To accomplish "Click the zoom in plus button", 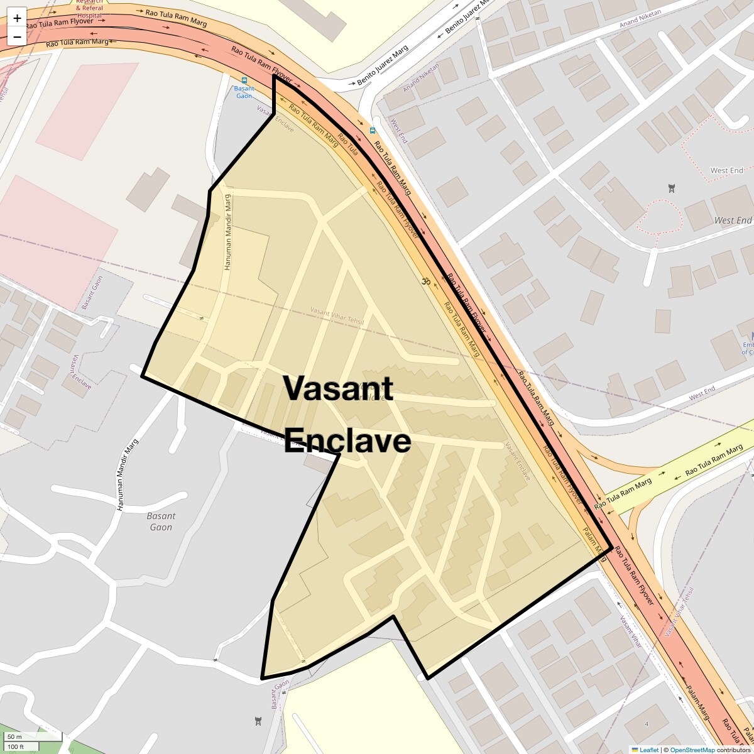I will [17, 18].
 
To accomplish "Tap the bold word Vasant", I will [338, 388].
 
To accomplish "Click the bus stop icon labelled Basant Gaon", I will [244, 80].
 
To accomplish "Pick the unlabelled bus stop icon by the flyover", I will [373, 131].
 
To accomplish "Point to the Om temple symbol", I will [425, 281].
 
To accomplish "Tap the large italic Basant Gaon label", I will [161, 522].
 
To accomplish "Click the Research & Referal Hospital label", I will [89, 8].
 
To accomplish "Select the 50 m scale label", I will [15, 736].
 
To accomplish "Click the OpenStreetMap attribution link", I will [692, 750].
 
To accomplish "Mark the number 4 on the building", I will [646, 724].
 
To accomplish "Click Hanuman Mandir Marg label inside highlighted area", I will [228, 232].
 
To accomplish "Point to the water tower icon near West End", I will [672, 187].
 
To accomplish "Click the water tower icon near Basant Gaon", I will [257, 720].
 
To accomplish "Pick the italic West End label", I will [733, 221].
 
